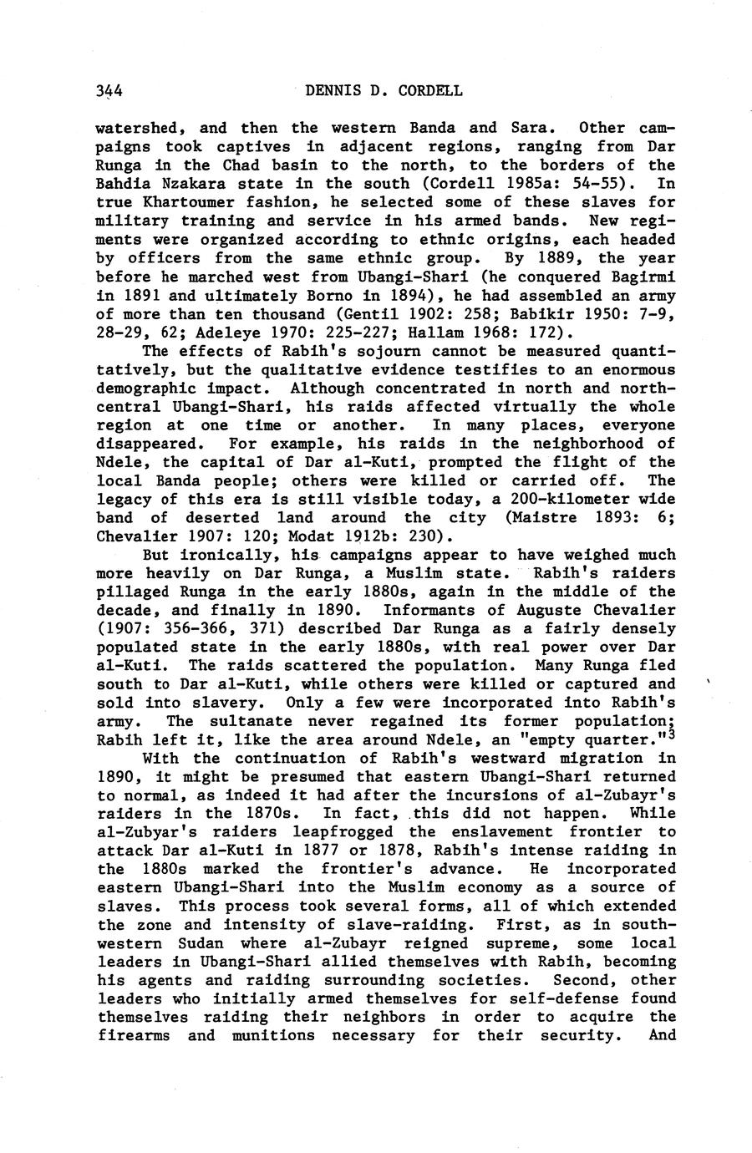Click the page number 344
(x=110, y=91)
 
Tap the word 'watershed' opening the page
(x=137, y=129)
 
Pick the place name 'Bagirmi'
(x=644, y=277)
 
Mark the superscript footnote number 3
(x=673, y=735)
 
